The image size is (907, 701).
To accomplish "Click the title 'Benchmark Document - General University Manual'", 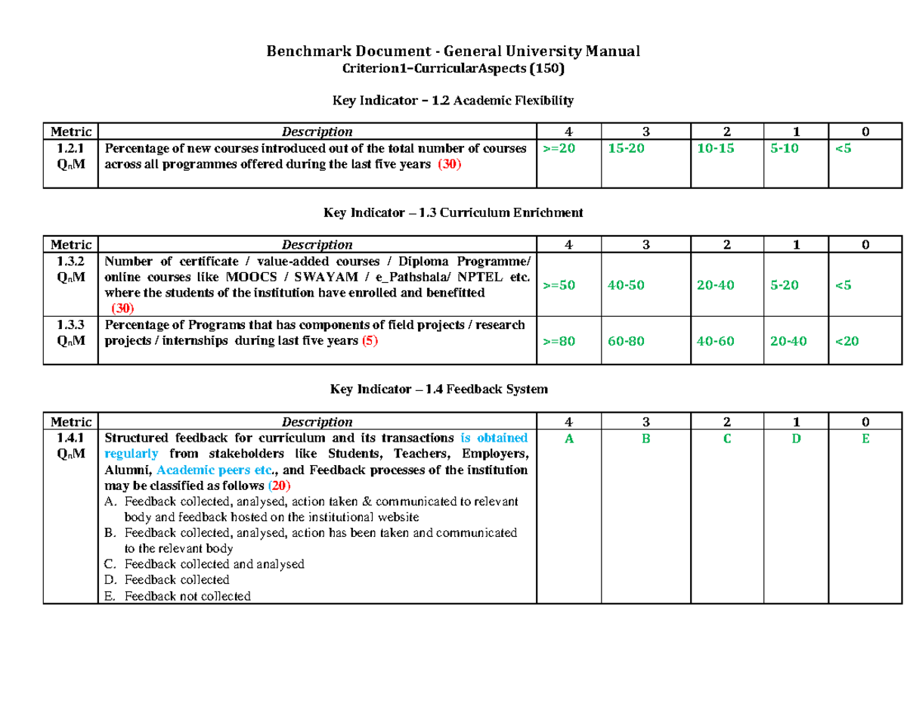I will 453,51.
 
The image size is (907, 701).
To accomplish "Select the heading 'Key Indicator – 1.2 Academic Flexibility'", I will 453,100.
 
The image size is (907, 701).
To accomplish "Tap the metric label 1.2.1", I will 70,149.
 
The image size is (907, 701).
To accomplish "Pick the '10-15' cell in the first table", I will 715,149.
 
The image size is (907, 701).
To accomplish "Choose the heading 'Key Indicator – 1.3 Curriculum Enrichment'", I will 453,213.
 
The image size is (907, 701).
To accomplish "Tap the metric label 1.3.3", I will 70,325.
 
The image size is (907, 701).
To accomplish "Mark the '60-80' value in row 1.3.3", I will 627,341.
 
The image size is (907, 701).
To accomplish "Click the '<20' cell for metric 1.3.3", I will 847,341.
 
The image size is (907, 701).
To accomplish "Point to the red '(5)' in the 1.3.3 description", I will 368,341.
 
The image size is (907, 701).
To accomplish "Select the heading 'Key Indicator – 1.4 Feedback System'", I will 453,389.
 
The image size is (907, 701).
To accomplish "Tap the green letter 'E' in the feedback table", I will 865,439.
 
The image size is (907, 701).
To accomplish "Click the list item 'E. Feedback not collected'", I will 177,596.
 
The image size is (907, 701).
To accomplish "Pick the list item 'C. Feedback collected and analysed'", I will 204,564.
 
